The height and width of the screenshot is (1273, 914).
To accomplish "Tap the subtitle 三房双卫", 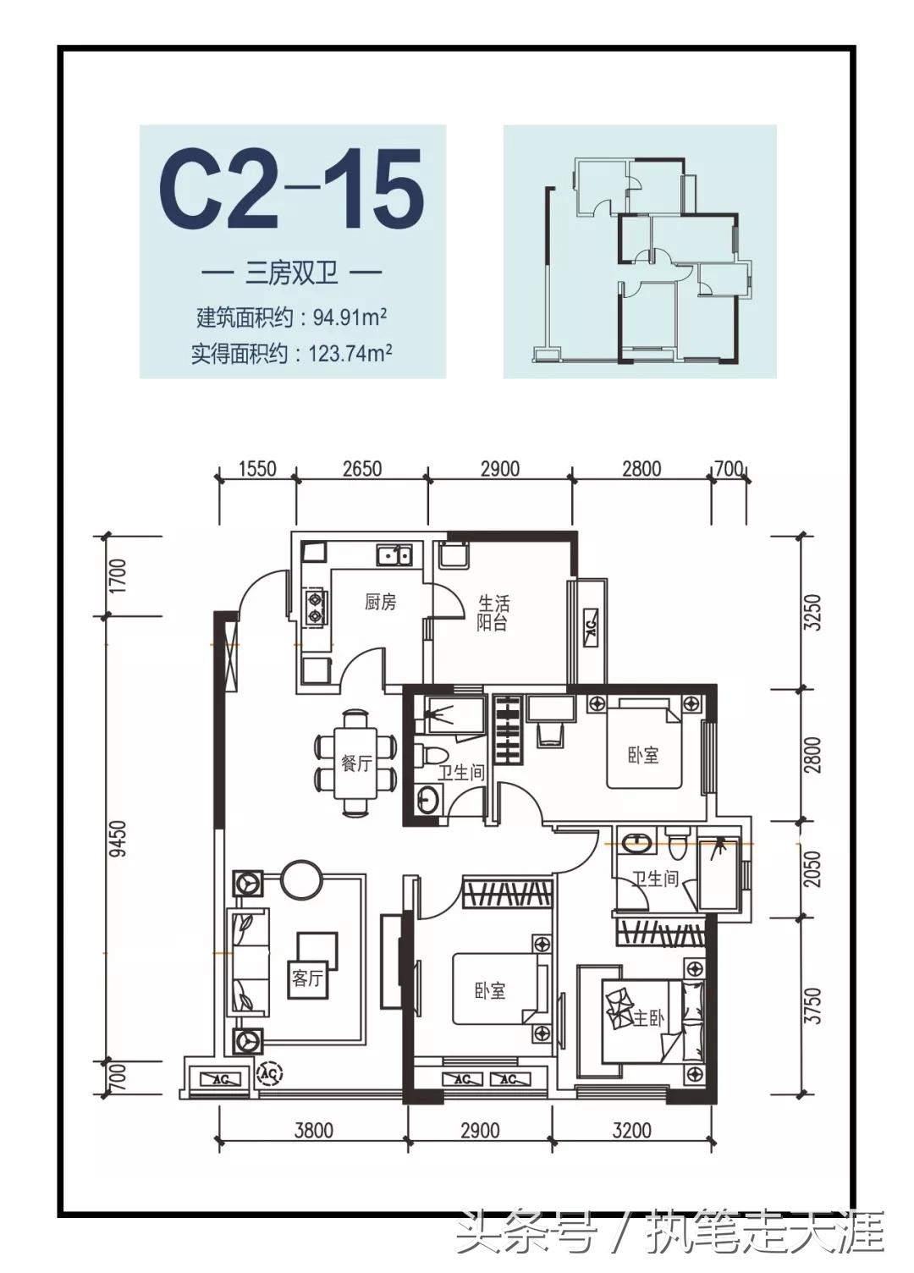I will pos(292,273).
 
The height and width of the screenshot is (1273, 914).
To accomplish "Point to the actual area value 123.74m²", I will pos(350,353).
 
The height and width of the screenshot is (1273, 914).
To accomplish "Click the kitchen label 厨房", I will pos(380,602).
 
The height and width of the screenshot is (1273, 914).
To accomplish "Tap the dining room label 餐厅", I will pos(356,763).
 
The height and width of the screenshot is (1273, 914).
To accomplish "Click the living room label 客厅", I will pos(307,978).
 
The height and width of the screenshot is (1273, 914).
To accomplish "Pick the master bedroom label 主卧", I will pos(648,1018).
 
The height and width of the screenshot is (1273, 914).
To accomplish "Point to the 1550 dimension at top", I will pos(257,468).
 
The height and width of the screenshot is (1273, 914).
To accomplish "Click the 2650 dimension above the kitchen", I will pos(361,468).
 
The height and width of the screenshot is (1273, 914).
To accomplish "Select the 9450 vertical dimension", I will pos(118,838).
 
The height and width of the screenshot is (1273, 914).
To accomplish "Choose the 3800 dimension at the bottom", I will pos(313,1130).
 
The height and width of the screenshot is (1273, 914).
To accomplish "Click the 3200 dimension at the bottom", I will pos(631,1130).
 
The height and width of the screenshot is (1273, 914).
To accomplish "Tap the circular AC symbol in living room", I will pos(270,1072).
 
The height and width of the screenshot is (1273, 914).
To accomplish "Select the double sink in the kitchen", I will pos(394,555).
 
